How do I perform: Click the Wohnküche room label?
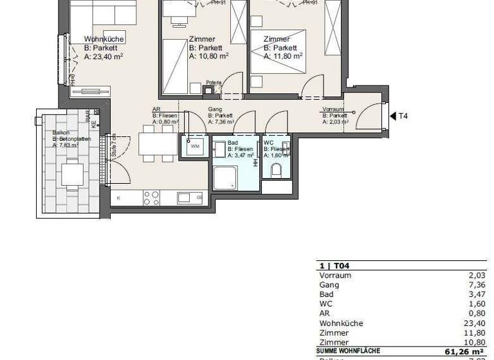[x=104, y=39]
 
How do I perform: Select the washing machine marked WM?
[x=195, y=147]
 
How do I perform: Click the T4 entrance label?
[x=403, y=116]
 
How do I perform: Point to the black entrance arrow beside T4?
[x=392, y=116]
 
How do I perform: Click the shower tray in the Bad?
[x=225, y=178]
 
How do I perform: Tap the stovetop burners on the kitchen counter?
[x=151, y=197]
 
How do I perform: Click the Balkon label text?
[x=61, y=133]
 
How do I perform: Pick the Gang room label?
[x=214, y=110]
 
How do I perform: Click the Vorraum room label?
[x=334, y=110]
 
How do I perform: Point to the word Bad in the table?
[x=326, y=294]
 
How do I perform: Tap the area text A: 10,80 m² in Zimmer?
[x=208, y=56]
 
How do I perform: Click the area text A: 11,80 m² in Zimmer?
[x=282, y=56]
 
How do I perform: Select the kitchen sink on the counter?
[x=184, y=197]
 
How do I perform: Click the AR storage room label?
[x=156, y=110]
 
